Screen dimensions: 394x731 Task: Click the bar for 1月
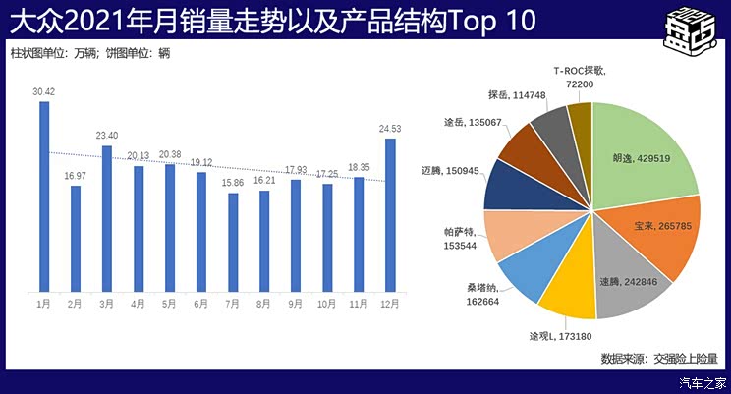(43, 197)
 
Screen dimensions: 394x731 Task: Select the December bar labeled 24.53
(390, 215)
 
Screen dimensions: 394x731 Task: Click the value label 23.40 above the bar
(107, 136)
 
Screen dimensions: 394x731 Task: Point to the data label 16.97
(76, 176)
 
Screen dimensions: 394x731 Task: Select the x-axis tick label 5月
(169, 305)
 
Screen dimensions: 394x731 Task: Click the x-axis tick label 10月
(326, 305)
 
